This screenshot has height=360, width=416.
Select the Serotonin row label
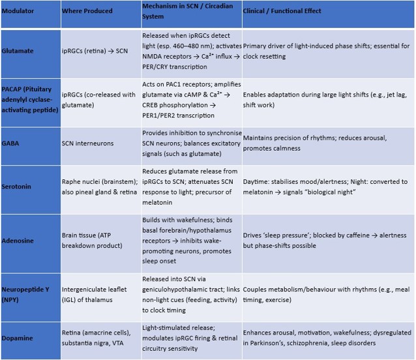pyautogui.click(x=20, y=185)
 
